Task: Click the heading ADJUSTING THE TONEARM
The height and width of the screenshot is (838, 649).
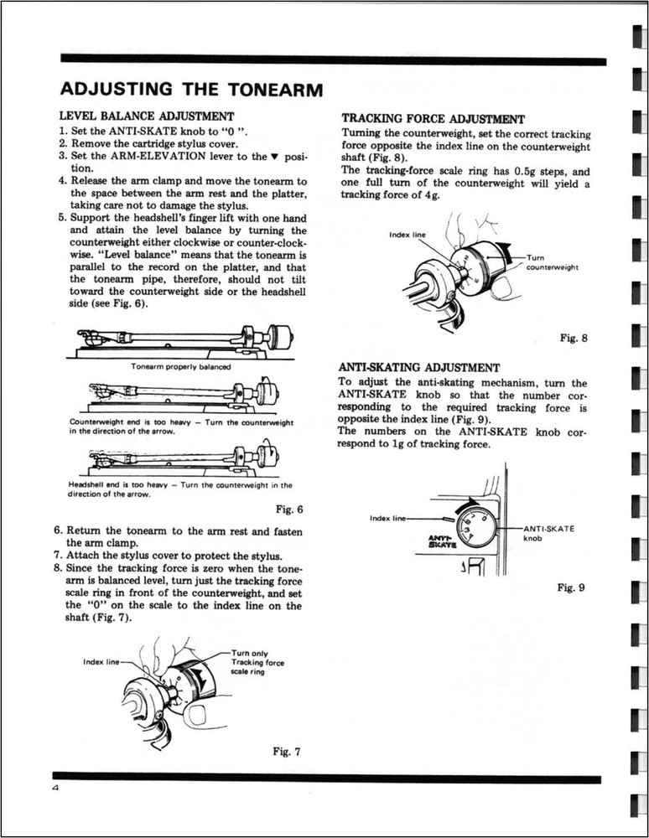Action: (192, 90)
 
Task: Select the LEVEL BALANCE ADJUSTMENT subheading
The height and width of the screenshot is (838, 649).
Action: (146, 115)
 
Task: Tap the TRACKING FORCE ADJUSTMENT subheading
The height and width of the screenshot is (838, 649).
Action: (434, 119)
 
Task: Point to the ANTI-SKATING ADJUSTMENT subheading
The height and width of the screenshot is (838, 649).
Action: (418, 367)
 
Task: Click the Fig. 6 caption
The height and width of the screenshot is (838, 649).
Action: (288, 510)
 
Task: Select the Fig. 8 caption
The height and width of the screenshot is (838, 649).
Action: (574, 339)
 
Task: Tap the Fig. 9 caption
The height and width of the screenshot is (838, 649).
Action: (571, 587)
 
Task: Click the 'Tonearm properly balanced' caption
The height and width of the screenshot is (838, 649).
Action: (180, 366)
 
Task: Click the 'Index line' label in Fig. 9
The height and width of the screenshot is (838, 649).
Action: (386, 518)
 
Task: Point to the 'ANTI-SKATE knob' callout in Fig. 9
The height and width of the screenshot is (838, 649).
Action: (548, 534)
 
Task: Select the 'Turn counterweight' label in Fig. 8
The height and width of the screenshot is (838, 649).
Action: (552, 262)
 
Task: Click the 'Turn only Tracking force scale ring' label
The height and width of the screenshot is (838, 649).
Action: (257, 662)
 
